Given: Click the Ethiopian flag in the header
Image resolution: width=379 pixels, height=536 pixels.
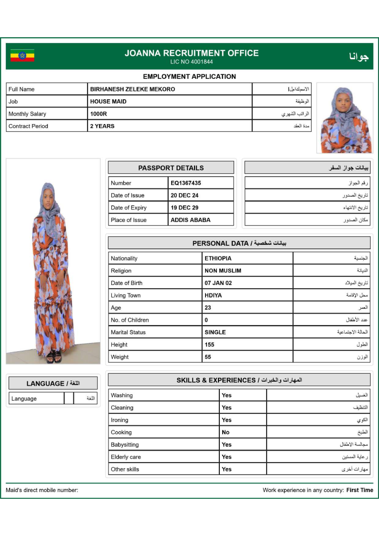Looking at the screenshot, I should pyautogui.click(x=22, y=56).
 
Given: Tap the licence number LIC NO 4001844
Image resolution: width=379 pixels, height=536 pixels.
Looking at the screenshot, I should pyautogui.click(x=192, y=62).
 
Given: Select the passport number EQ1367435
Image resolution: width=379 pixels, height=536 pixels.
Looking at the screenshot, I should pyautogui.click(x=186, y=183).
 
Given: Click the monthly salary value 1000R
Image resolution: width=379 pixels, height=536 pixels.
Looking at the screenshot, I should pyautogui.click(x=98, y=114).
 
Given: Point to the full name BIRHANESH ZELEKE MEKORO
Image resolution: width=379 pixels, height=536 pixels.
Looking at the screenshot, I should pyautogui.click(x=132, y=89).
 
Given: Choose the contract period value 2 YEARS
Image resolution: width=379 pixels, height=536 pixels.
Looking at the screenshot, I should pyautogui.click(x=102, y=126).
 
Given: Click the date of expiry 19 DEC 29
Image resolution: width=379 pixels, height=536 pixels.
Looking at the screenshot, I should pyautogui.click(x=184, y=208).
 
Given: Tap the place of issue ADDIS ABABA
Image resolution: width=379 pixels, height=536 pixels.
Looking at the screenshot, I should pyautogui.click(x=190, y=220).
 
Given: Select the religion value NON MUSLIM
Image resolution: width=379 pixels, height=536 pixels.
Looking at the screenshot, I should pyautogui.click(x=223, y=271).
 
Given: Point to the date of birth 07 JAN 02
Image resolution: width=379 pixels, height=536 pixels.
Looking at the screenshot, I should pyautogui.click(x=218, y=283).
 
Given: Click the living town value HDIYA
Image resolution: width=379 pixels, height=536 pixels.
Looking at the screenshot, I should pyautogui.click(x=213, y=295).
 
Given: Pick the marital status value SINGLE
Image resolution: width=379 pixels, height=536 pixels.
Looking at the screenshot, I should pyautogui.click(x=215, y=332).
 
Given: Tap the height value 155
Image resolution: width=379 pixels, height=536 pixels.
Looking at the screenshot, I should pyautogui.click(x=209, y=345).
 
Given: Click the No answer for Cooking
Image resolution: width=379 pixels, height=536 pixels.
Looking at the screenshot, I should pyautogui.click(x=226, y=432).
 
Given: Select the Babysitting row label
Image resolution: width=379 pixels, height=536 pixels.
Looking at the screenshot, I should pyautogui.click(x=125, y=445).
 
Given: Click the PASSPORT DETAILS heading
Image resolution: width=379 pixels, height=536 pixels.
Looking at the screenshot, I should pyautogui.click(x=171, y=168).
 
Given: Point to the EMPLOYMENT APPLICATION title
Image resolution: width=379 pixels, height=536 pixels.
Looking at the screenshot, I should pyautogui.click(x=189, y=76).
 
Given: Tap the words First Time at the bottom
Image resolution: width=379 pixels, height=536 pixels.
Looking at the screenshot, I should pyautogui.click(x=360, y=490).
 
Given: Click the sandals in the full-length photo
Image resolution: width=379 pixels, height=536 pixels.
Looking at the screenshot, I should pyautogui.click(x=54, y=357).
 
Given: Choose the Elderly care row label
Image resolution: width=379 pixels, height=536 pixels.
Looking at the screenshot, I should pyautogui.click(x=126, y=457).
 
